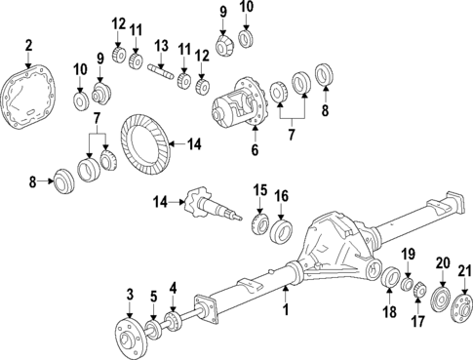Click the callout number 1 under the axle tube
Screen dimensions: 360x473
click(287, 312)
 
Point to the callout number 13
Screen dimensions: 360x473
click(161, 47)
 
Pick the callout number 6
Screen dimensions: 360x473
click(256, 150)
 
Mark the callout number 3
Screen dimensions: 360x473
click(129, 296)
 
